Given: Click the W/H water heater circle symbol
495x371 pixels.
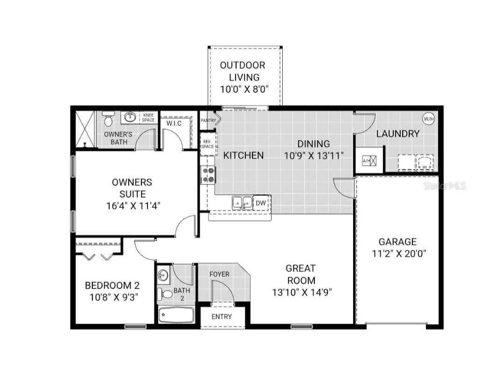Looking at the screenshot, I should [428, 118].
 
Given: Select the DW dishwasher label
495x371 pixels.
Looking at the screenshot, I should [260, 203].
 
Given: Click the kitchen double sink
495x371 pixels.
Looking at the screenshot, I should [242, 202].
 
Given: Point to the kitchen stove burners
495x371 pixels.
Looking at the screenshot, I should [208, 175].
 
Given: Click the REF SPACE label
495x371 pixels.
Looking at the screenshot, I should [207, 144].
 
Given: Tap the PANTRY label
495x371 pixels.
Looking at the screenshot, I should [208, 121].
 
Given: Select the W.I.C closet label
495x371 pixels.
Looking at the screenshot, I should [174, 124].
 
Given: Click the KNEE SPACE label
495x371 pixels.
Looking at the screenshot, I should [148, 117].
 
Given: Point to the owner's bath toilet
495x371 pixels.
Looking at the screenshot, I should [108, 120].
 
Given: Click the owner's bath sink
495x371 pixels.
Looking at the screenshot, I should [130, 117].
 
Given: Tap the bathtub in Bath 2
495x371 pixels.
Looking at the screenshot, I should [176, 315].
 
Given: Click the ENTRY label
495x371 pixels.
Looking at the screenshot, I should [221, 316].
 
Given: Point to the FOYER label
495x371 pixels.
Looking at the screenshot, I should [219, 274].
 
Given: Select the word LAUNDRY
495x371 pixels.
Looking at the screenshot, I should [397, 134].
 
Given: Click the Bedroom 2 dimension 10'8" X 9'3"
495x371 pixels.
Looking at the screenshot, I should [112, 296].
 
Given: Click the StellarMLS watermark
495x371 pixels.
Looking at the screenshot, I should [445, 185].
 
